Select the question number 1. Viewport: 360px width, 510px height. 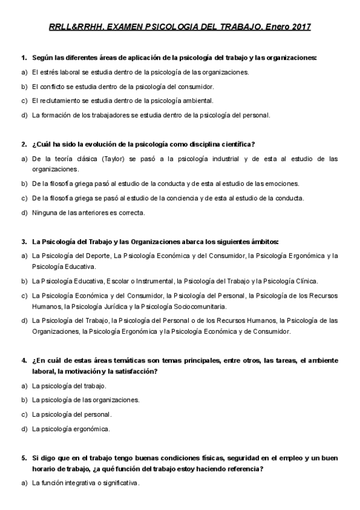point(23,58)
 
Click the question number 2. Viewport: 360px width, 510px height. point(23,144)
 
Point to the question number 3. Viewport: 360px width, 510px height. point(23,242)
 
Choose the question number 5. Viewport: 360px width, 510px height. point(23,457)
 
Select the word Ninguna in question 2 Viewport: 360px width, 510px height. point(44,212)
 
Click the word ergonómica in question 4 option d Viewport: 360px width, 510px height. point(91,429)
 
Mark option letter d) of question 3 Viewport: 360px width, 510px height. point(24,320)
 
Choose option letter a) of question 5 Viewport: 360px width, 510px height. point(24,482)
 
